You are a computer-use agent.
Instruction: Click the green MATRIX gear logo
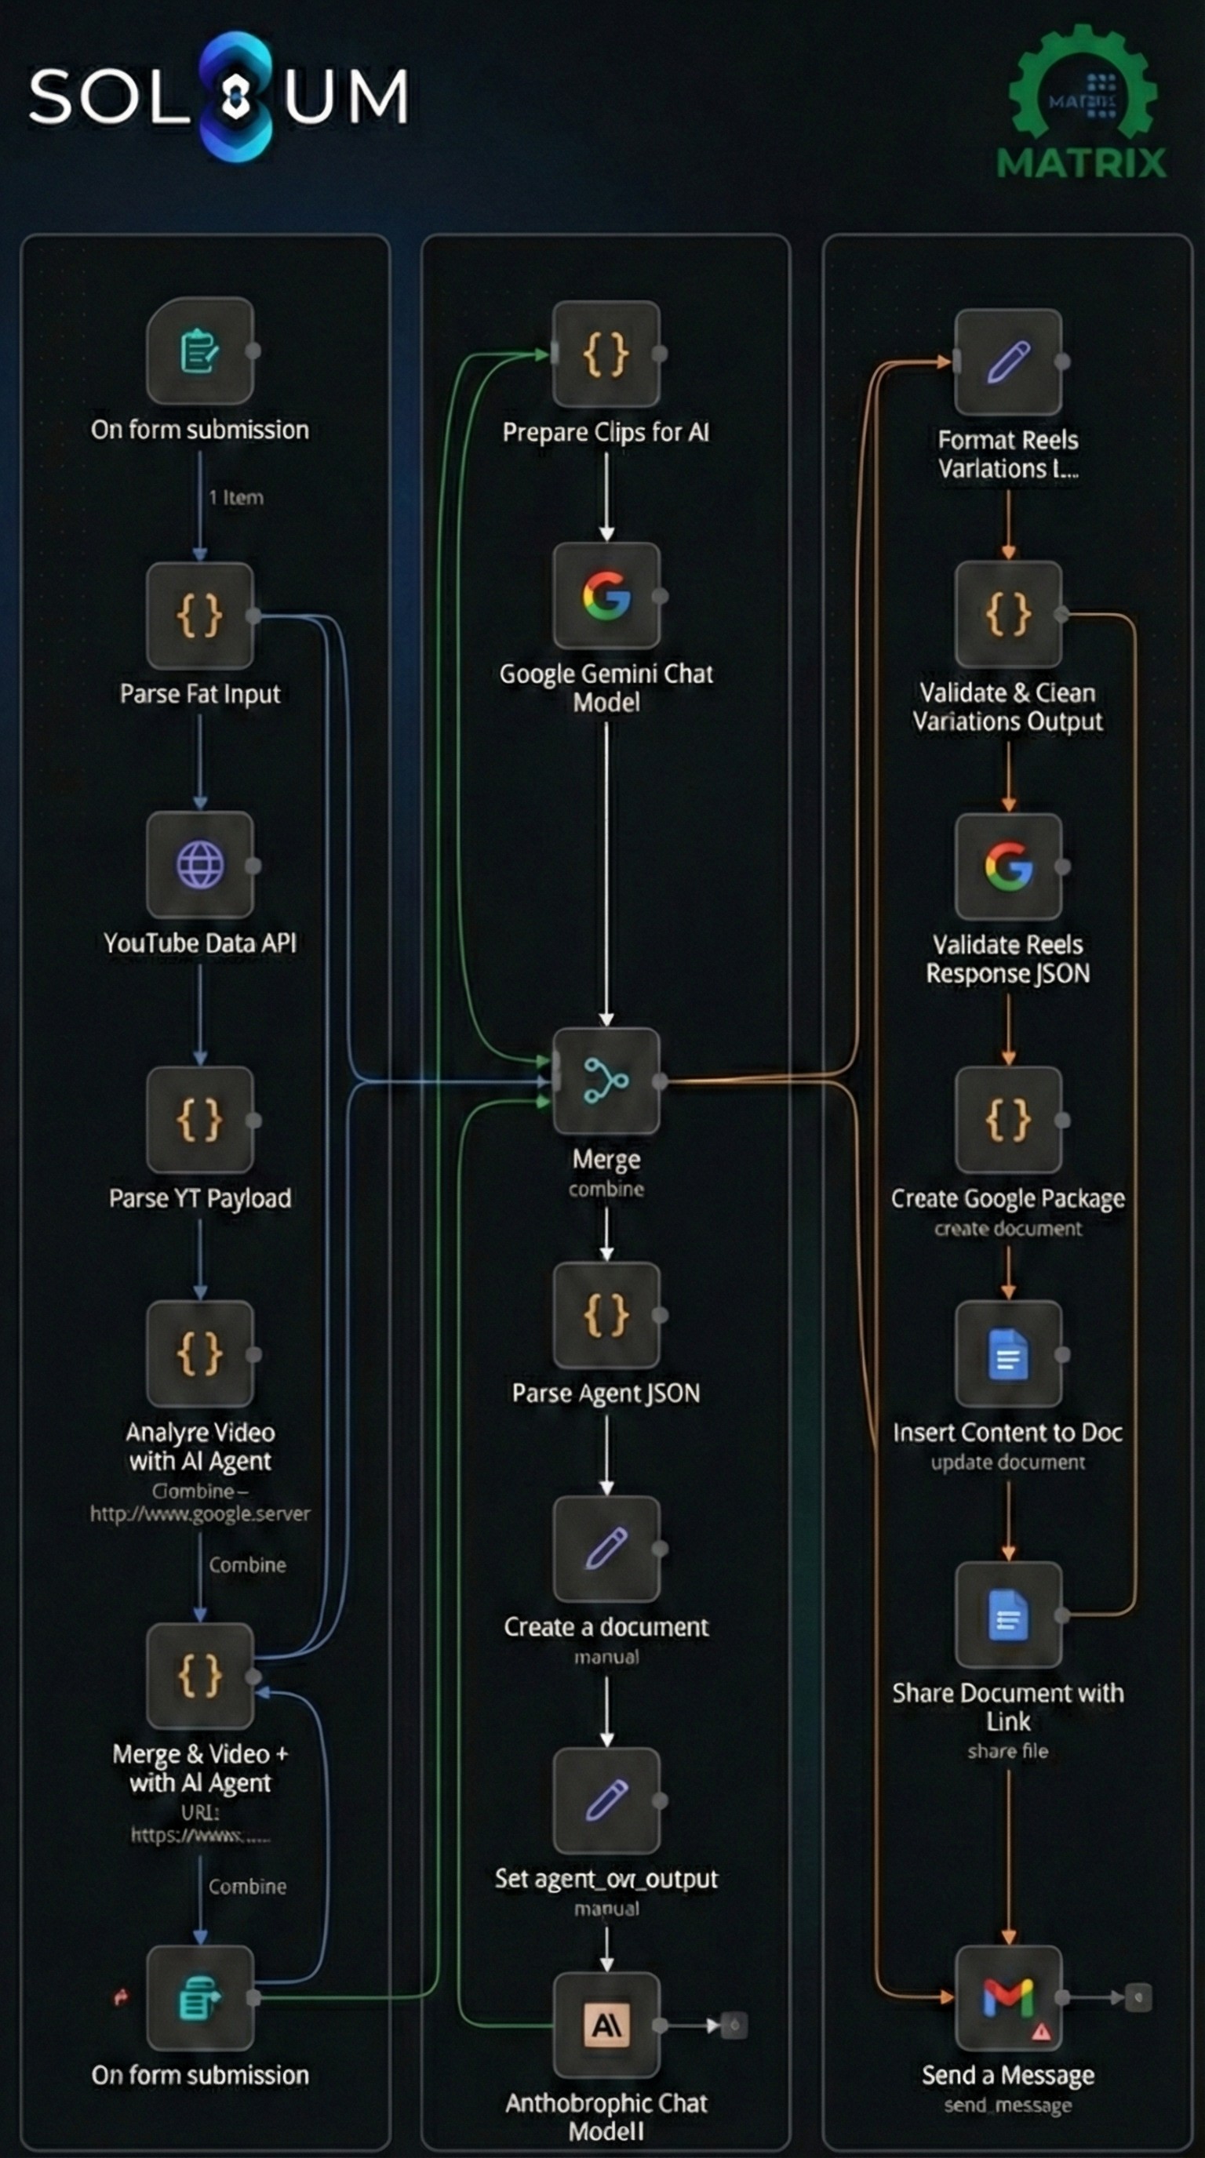click(x=1082, y=100)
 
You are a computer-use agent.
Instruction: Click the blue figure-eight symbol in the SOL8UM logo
click(x=236, y=96)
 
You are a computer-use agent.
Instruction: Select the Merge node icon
click(x=606, y=1081)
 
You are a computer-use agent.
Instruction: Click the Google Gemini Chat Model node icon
click(x=606, y=596)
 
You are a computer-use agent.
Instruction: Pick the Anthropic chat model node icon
click(x=606, y=2025)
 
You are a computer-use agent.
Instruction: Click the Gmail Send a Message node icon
click(x=1008, y=1997)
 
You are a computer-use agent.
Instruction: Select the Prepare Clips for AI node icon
click(x=606, y=354)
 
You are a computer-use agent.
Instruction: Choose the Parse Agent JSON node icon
click(x=606, y=1314)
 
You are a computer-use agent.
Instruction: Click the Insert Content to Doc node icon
click(x=1008, y=1353)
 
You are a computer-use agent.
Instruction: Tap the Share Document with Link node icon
click(x=1008, y=1615)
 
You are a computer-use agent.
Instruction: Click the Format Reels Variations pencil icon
click(x=1008, y=362)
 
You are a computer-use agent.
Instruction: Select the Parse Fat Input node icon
click(x=199, y=616)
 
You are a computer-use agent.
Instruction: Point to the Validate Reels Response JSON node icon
click(x=1008, y=866)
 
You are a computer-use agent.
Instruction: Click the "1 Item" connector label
click(x=236, y=498)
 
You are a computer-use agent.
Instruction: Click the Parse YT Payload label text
click(x=199, y=1198)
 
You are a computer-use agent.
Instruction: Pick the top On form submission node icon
click(x=199, y=351)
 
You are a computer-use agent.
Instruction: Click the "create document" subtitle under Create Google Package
click(x=1008, y=1229)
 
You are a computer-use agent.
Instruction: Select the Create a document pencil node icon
click(x=606, y=1548)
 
